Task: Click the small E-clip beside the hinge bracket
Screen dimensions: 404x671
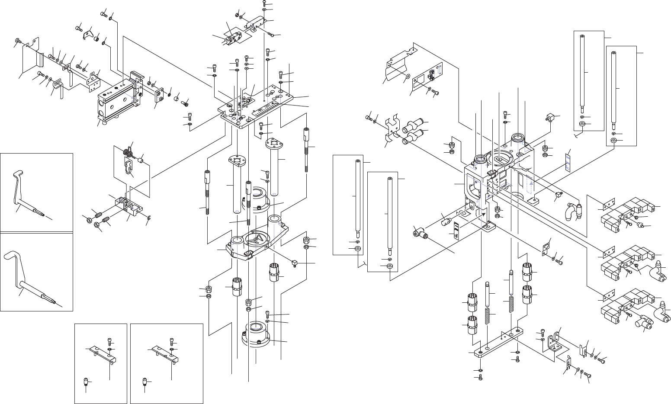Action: tap(148, 217)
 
